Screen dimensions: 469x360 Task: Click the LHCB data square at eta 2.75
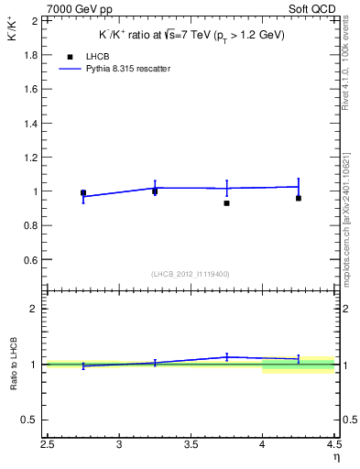click(83, 193)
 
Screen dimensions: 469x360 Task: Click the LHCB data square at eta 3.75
click(226, 202)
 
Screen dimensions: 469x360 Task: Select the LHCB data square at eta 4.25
click(299, 198)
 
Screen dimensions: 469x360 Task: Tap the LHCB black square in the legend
click(69, 56)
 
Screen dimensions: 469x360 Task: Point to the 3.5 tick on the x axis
click(191, 445)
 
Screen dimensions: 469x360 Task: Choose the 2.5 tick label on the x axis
click(48, 445)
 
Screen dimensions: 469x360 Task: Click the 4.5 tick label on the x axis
click(333, 445)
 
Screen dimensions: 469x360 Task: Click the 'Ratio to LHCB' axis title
click(15, 365)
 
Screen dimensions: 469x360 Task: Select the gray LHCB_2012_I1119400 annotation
click(191, 274)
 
